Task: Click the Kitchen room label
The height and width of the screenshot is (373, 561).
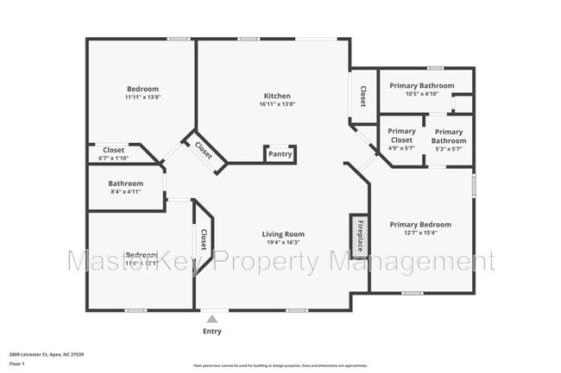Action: click(276, 96)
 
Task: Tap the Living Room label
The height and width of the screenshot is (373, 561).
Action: click(283, 233)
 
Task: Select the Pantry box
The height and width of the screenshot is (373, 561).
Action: click(280, 155)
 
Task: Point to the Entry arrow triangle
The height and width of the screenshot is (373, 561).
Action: click(211, 319)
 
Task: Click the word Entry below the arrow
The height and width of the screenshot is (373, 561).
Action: click(211, 332)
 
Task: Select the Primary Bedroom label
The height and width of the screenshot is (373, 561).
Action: click(420, 225)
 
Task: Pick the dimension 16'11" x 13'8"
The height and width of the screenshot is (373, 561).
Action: click(276, 104)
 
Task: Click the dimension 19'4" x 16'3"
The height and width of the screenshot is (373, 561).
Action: click(283, 243)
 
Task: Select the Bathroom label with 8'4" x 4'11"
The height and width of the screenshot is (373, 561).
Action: click(125, 183)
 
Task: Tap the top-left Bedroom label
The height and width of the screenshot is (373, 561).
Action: click(142, 89)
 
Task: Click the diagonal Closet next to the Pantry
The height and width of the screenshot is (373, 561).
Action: click(205, 148)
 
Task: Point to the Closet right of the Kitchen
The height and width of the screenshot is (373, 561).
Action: click(363, 96)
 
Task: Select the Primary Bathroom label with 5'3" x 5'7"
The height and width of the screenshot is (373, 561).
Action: click(449, 136)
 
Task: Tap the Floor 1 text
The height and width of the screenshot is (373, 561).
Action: click(18, 364)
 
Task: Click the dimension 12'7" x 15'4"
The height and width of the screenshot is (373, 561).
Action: click(420, 233)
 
